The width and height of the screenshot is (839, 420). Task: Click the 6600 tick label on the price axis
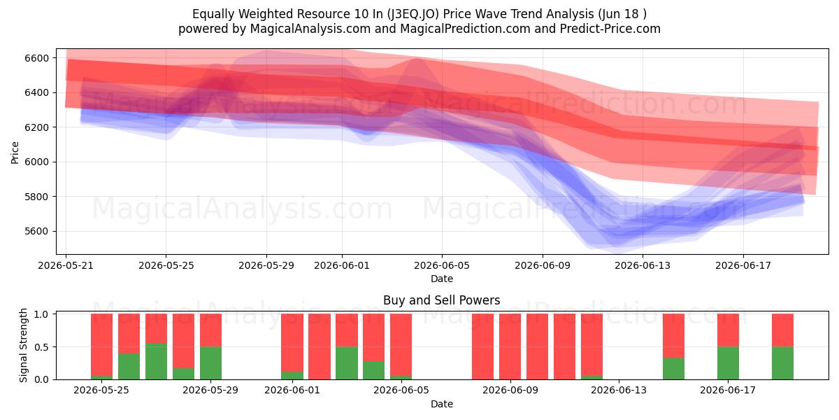[x=36, y=58]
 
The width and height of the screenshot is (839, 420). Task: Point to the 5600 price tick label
[x=36, y=232]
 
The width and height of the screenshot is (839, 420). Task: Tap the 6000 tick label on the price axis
[x=36, y=162]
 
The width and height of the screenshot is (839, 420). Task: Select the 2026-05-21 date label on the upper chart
[x=66, y=265]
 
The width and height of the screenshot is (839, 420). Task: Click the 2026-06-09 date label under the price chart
[x=543, y=265]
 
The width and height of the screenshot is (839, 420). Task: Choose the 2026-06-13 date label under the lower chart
[x=619, y=390]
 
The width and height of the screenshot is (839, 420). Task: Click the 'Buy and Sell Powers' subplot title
[x=442, y=300]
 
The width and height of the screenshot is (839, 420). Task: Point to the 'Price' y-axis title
[x=15, y=153]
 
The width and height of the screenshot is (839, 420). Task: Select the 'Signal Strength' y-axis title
[x=23, y=345]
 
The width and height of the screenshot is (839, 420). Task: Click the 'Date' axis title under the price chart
[x=442, y=279]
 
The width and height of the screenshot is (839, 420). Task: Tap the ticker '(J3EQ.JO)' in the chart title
[x=413, y=14]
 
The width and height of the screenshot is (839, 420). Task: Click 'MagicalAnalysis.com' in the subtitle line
[x=310, y=29]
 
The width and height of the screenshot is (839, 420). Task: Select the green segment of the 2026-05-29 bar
[x=210, y=363]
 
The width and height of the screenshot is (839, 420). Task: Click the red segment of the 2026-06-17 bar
[x=728, y=330]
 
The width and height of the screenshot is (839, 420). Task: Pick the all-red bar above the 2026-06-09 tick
[x=510, y=346]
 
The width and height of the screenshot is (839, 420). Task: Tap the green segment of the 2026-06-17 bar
[x=728, y=363]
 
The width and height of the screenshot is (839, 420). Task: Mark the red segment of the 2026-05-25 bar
[x=101, y=344]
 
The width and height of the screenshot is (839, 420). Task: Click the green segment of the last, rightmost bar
[x=782, y=363]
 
